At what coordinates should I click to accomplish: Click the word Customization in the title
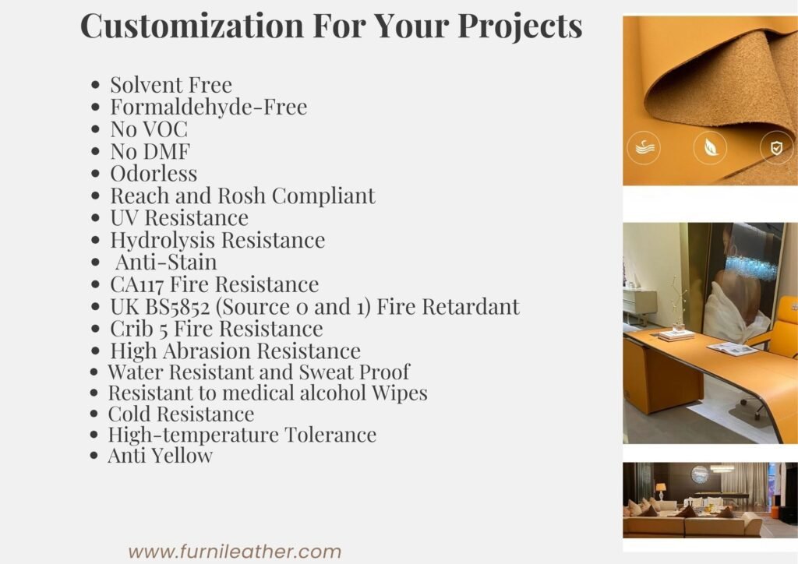coord(192,26)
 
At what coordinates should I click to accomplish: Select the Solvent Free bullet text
coord(171,84)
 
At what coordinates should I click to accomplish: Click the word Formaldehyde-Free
coord(209,107)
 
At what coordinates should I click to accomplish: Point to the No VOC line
coord(149,129)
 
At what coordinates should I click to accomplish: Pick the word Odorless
coord(154,174)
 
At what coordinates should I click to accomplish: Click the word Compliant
coord(323,196)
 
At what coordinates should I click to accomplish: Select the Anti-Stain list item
coord(166,262)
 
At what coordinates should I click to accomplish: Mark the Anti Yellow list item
coord(161,456)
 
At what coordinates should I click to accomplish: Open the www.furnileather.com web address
coord(235,552)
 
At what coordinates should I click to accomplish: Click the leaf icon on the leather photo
coord(710,148)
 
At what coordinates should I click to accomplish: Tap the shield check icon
coord(776,148)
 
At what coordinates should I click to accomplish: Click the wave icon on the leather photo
coord(644,148)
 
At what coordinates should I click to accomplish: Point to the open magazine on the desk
coord(732,349)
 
